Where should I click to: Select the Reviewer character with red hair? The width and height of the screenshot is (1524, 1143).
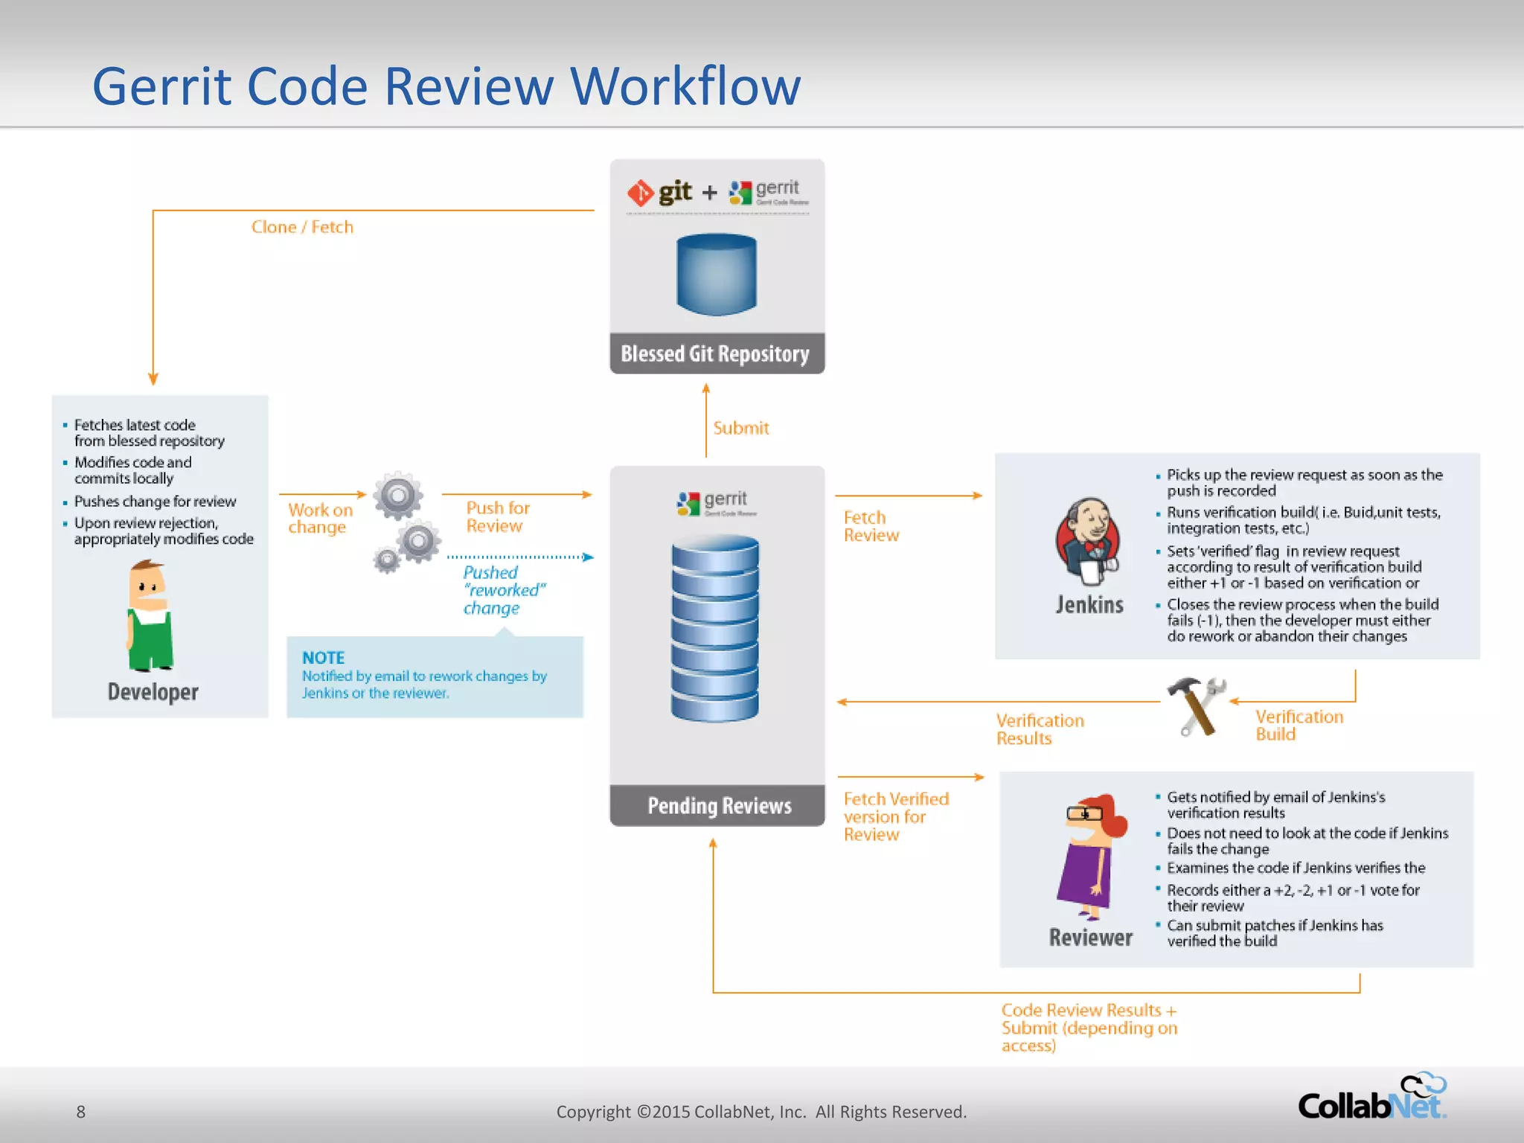pyautogui.click(x=1091, y=856)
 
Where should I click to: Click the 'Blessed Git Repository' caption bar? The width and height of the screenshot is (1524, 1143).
pyautogui.click(x=716, y=354)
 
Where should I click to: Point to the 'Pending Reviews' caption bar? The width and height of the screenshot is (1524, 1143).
pyautogui.click(x=719, y=806)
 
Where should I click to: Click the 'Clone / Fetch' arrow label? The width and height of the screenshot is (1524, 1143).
pyautogui.click(x=302, y=227)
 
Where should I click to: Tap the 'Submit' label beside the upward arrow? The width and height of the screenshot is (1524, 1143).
pyautogui.click(x=740, y=428)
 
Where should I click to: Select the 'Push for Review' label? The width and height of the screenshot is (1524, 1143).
pyautogui.click(x=497, y=516)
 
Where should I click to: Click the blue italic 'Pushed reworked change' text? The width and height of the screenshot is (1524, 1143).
pyautogui.click(x=503, y=590)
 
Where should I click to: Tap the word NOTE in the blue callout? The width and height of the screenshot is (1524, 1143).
pyautogui.click(x=323, y=658)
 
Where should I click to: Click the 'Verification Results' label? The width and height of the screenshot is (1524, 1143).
pyautogui.click(x=1039, y=729)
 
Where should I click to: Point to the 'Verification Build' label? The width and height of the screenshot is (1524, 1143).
pyautogui.click(x=1299, y=726)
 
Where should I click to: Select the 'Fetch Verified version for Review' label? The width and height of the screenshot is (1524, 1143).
pyautogui.click(x=895, y=816)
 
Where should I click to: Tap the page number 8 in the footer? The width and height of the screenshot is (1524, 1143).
pyautogui.click(x=81, y=1112)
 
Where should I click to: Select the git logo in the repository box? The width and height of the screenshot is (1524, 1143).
pyautogui.click(x=660, y=193)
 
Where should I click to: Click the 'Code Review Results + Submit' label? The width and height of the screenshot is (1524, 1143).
pyautogui.click(x=1088, y=1028)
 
